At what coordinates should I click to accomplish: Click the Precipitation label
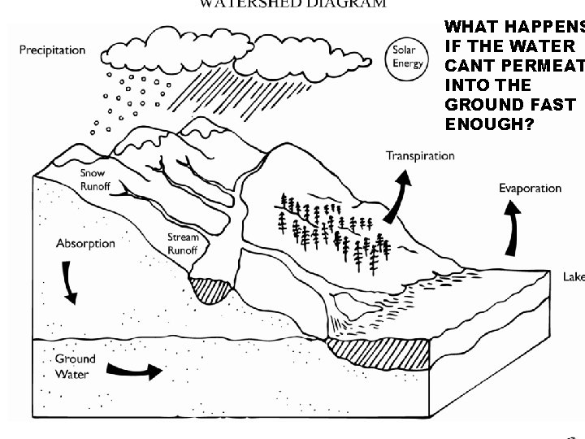52,50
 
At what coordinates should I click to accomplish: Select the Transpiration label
420,156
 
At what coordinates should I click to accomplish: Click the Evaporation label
530,189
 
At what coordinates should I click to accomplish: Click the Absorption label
85,243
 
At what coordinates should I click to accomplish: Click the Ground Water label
74,366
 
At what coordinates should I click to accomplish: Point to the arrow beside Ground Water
134,371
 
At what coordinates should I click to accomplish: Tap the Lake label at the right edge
574,277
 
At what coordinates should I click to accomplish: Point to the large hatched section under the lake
379,352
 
